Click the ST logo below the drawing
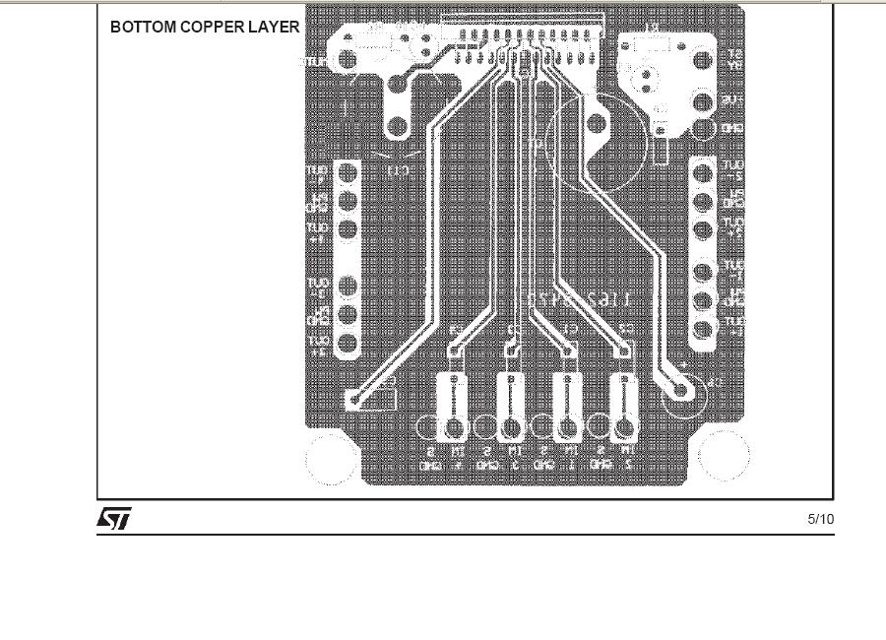[x=113, y=519]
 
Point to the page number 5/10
[x=820, y=519]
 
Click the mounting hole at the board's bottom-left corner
[x=331, y=458]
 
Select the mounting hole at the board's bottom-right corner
[x=724, y=456]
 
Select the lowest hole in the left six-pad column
[x=347, y=344]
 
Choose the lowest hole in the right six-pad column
[x=703, y=331]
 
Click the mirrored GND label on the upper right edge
[x=733, y=129]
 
